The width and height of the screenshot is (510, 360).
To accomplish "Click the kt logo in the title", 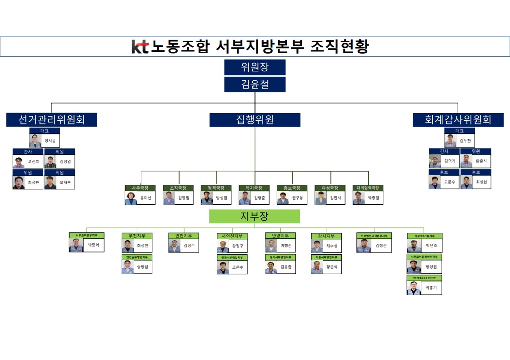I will point(140,47).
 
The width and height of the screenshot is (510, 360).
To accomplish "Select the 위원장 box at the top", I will point(255,67).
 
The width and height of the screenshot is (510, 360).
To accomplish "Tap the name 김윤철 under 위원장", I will point(255,84).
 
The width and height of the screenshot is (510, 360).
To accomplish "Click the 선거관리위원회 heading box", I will point(51,120).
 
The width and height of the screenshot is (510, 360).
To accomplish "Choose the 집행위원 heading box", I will point(255,120).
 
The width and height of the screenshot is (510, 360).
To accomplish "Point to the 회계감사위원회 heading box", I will point(458,120).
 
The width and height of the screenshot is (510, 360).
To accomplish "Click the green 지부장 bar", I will point(255,217).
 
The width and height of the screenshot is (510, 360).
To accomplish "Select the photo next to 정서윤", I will point(35,141).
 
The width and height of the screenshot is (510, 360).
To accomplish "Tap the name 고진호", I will point(34,162).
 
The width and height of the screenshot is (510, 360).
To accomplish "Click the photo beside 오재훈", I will point(50,182).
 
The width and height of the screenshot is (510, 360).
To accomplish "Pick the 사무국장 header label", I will point(140,188).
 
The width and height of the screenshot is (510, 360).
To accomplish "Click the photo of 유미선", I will point(131,198).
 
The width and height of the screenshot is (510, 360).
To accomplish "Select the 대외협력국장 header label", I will point(368,188).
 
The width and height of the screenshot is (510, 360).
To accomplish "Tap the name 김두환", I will point(465,141).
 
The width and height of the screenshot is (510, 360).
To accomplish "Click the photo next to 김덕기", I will point(435,162).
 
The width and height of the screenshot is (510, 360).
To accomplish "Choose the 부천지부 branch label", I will point(137,236).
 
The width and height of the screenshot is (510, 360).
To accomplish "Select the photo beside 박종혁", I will point(75,246).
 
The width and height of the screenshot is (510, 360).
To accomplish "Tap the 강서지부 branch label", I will point(326,236).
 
